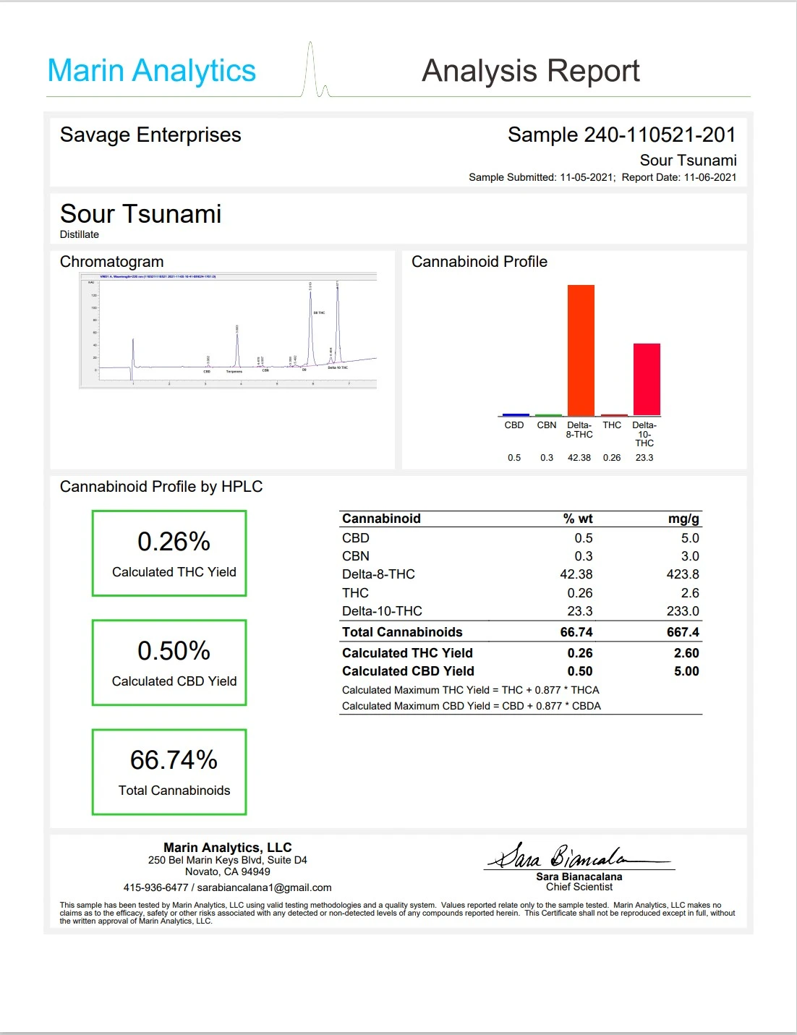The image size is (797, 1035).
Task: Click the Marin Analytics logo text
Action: click(151, 71)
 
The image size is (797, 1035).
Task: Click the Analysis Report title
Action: click(530, 71)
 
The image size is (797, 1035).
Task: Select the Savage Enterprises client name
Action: click(150, 135)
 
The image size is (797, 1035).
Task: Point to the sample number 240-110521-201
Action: click(658, 135)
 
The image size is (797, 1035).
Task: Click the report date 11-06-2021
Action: click(709, 177)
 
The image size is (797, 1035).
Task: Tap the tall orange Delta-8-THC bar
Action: click(581, 350)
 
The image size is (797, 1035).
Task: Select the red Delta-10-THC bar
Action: click(647, 379)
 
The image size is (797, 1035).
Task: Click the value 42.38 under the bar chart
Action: click(579, 458)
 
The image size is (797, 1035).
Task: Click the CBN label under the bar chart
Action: click(547, 425)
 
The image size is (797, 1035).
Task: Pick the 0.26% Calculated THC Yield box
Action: click(169, 553)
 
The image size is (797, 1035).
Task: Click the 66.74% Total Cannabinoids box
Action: click(169, 772)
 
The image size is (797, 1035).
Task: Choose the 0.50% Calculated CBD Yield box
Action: click(169, 663)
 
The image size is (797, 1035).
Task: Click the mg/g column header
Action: click(683, 519)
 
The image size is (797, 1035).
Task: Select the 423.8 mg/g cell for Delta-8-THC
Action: click(683, 574)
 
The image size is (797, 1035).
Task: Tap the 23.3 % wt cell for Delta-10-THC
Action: click(579, 611)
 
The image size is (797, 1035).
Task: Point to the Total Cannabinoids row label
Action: click(402, 632)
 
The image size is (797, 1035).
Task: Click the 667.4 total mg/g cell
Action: click(683, 632)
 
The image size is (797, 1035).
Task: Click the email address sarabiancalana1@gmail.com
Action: click(264, 887)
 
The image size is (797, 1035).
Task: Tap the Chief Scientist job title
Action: click(579, 887)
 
